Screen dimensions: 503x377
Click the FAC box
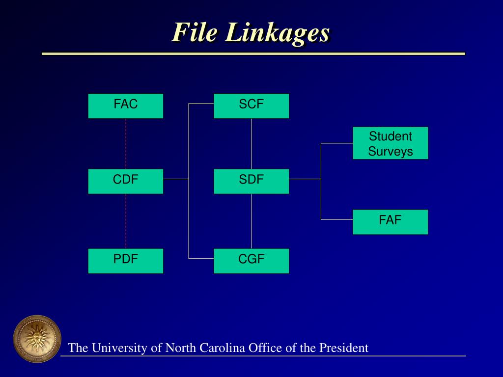tap(126, 106)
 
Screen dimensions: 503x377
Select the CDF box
tap(126, 181)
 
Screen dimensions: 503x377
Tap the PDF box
tap(126, 261)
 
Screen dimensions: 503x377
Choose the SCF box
tap(251, 106)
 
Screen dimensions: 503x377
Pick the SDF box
tap(251, 181)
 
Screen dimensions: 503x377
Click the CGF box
tap(251, 261)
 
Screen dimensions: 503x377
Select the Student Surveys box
tap(390, 143)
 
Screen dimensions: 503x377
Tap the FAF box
tap(390, 222)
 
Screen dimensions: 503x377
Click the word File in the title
tap(194, 33)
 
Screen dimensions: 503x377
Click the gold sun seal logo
tap(37, 339)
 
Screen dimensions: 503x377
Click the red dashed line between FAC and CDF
tap(126, 143)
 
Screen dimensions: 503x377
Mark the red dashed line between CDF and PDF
tap(126, 221)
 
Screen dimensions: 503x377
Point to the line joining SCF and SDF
tap(251, 143)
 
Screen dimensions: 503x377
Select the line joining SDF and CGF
tap(251, 221)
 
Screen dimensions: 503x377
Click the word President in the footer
tap(344, 348)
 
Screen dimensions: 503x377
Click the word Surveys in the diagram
tap(391, 151)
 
